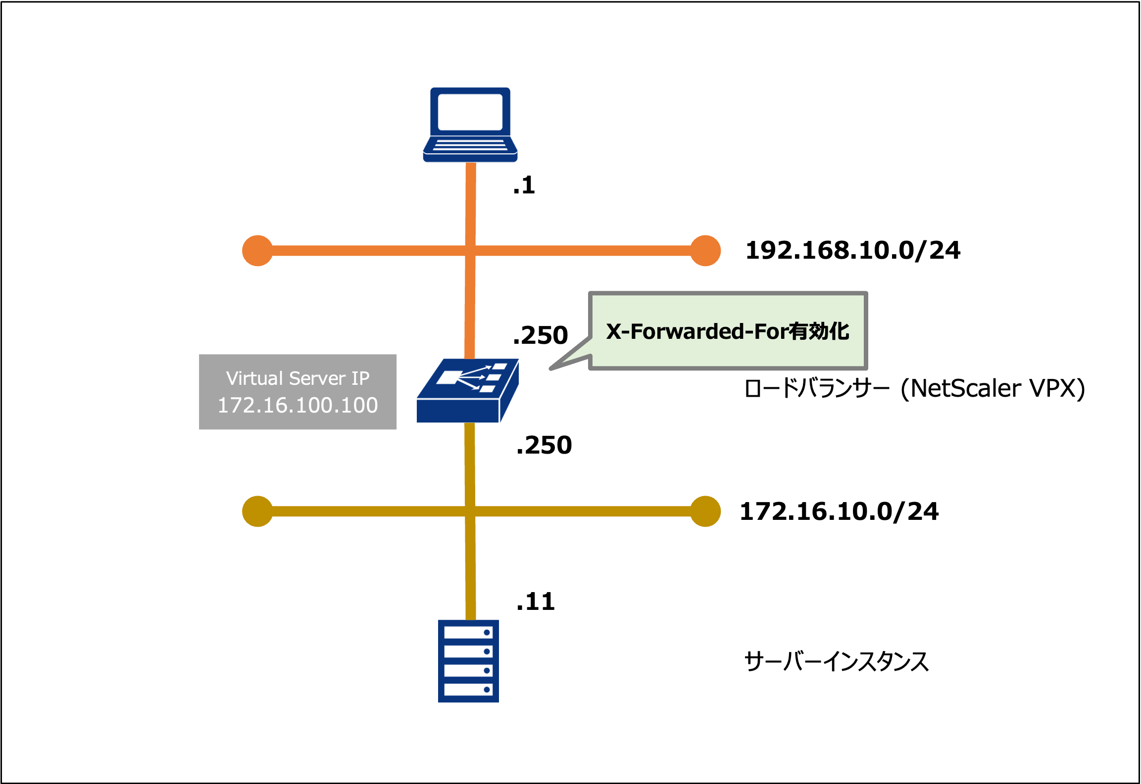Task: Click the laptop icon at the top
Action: pyautogui.click(x=470, y=125)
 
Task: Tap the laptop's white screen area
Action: pyautogui.click(x=470, y=112)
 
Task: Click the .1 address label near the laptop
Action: pyautogui.click(x=524, y=185)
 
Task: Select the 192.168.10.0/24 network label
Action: pyautogui.click(x=852, y=250)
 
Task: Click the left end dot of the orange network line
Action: pyautogui.click(x=257, y=251)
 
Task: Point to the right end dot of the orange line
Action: pyautogui.click(x=705, y=251)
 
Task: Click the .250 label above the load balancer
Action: pyautogui.click(x=541, y=335)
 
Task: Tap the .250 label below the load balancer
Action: pyautogui.click(x=544, y=445)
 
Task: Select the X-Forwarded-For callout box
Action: pyautogui.click(x=728, y=330)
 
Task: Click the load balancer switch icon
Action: pyautogui.click(x=467, y=391)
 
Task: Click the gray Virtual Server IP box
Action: pyautogui.click(x=298, y=391)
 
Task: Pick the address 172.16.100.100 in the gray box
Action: pyautogui.click(x=298, y=405)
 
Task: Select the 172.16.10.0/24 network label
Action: pyautogui.click(x=839, y=511)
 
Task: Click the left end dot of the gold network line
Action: pyautogui.click(x=257, y=511)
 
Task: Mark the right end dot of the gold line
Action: pyautogui.click(x=705, y=511)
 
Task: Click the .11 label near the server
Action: pyautogui.click(x=536, y=602)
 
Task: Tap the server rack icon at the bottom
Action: pyautogui.click(x=468, y=661)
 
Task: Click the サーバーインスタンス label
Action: pyautogui.click(x=836, y=661)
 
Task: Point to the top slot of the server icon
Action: pyautogui.click(x=468, y=633)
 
